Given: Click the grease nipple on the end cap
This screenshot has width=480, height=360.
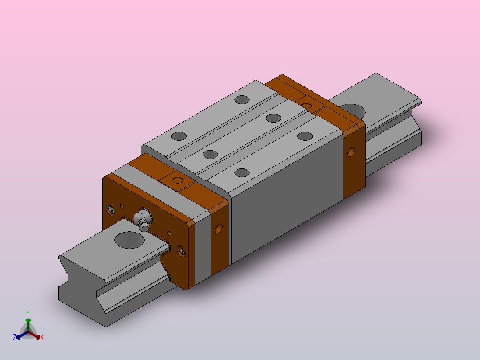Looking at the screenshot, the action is click(143, 219).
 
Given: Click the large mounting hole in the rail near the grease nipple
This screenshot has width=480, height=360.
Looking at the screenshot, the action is click(129, 240).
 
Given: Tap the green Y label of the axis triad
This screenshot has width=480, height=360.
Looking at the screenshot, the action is click(28, 313).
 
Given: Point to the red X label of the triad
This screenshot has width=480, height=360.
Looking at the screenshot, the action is click(42, 337).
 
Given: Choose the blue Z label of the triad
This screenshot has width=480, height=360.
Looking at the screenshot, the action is click(15, 337).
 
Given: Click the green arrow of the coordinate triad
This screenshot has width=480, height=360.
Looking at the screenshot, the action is click(28, 325).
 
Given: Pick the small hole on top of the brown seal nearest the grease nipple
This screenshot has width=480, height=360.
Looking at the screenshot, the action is click(178, 180).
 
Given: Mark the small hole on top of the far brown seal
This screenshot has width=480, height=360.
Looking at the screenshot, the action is click(306, 106).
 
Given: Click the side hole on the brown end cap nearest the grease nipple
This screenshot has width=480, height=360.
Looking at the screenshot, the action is click(219, 228).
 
